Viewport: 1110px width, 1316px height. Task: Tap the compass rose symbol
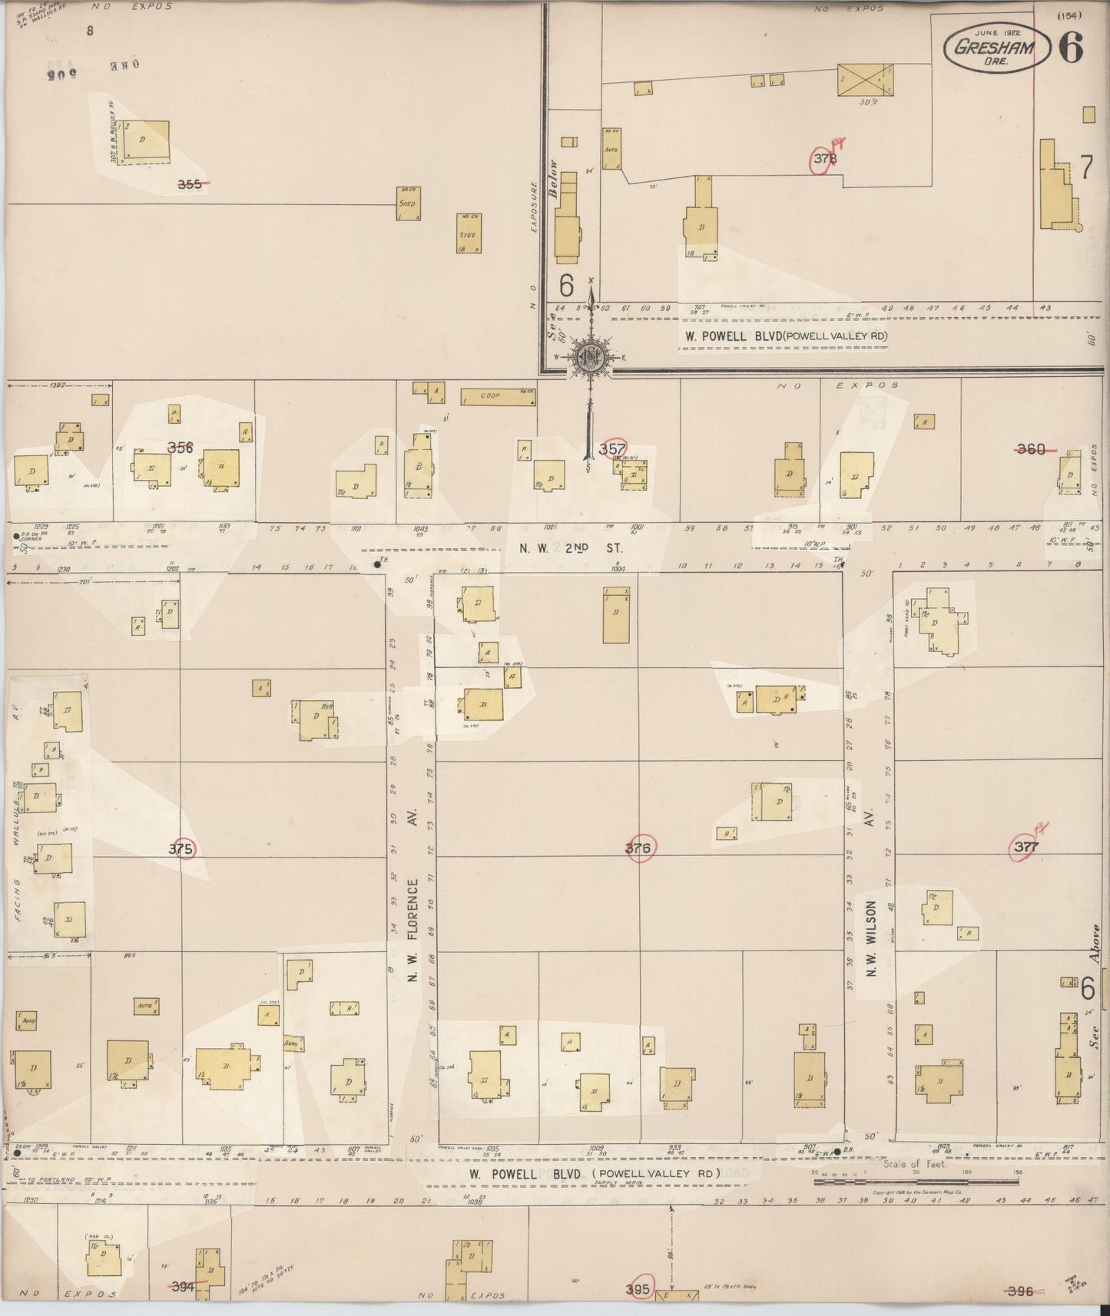pyautogui.click(x=590, y=356)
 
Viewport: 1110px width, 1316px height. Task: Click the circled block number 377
pyautogui.click(x=1025, y=847)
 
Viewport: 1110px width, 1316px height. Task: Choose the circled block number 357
pyautogui.click(x=613, y=449)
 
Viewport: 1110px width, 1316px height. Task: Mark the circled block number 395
pyautogui.click(x=638, y=1288)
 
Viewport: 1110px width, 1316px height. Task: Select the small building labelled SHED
pyautogui.click(x=407, y=204)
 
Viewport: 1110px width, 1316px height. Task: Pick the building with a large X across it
pyautogui.click(x=866, y=81)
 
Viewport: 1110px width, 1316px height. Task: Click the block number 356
pyautogui.click(x=181, y=448)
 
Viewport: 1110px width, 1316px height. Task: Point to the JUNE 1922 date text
pyautogui.click(x=996, y=33)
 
